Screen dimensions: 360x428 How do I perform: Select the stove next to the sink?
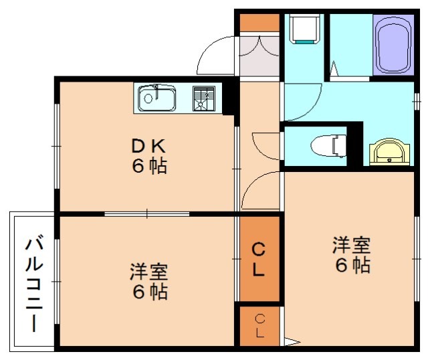[205, 99]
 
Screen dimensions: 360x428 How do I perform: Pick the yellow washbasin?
[389, 152]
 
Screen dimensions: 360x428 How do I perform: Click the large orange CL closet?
[259, 260]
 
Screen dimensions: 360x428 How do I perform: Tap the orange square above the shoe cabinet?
[259, 21]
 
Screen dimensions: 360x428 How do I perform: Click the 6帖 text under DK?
[148, 166]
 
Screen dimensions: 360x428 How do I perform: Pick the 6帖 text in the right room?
[352, 266]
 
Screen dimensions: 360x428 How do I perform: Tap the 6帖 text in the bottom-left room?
[148, 292]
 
